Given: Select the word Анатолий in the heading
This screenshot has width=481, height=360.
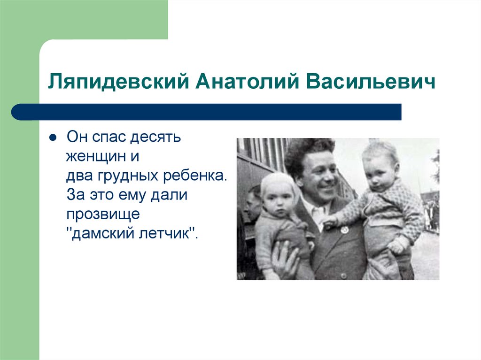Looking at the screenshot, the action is pos(247,81).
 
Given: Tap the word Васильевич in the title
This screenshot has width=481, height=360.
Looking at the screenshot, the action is pos(371,81).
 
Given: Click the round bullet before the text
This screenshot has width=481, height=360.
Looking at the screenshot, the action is pos(53,138).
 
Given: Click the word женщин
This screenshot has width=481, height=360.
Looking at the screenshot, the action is pos(95,156).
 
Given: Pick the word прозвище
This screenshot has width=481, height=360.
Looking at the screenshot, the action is pos(103,214).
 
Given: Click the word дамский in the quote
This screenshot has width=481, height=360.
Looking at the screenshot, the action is pos(101,234).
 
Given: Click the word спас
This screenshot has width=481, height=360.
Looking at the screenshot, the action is pos(109,138).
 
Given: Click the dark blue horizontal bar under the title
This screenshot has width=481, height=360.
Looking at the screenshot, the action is pos(206,112).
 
